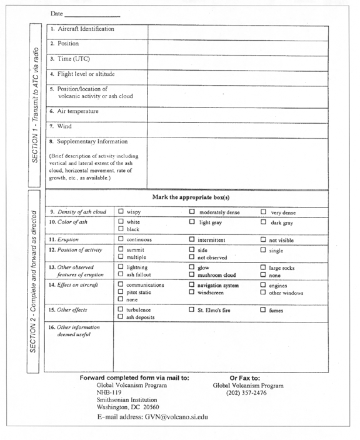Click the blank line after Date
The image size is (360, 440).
point(92,14)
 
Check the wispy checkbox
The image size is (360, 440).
point(121,211)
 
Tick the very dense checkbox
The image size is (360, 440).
point(263,211)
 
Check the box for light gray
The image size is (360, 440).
point(192,221)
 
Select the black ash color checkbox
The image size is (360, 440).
point(121,229)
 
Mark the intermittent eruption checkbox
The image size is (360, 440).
point(192,239)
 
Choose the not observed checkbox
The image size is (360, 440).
point(192,257)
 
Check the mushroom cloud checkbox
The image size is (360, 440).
point(192,274)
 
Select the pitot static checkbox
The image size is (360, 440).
point(121,292)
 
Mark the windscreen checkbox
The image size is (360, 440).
point(192,292)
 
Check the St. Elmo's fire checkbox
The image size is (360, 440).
point(192,309)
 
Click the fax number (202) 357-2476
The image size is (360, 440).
point(246,393)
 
